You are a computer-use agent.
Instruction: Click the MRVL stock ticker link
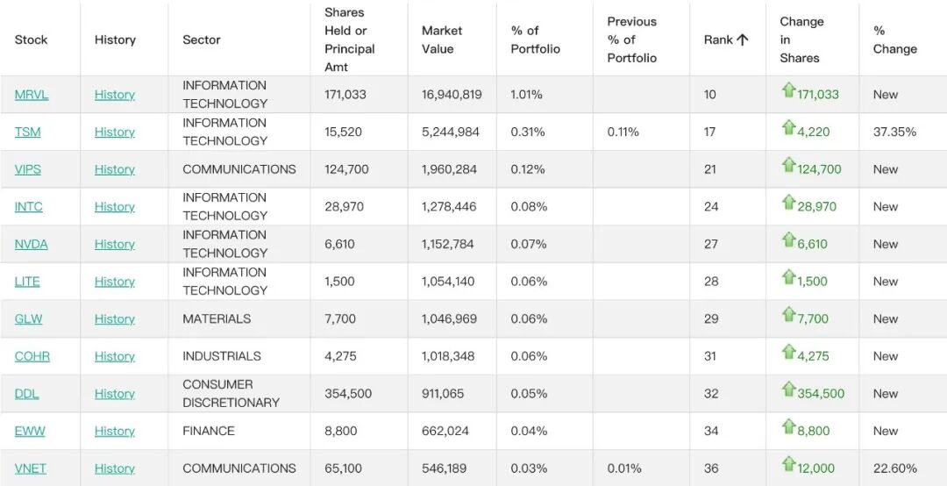coord(32,94)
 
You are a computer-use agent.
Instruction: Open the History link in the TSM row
coord(114,132)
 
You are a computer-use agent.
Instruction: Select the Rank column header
coord(717,39)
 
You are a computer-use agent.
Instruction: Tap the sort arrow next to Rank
coord(743,39)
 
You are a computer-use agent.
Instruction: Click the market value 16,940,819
coord(452,94)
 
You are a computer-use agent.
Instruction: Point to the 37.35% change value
coord(894,132)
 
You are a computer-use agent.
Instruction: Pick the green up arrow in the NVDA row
coord(788,240)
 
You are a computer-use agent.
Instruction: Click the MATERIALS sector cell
coord(217,318)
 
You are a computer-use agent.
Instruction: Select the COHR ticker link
coord(32,356)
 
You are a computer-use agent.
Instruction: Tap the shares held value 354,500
coord(348,394)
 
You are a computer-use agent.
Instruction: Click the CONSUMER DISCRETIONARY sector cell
coord(231,394)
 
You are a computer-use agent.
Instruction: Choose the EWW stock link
coord(30,431)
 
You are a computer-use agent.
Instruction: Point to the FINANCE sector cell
coord(209,431)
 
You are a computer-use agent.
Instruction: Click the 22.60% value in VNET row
coord(894,468)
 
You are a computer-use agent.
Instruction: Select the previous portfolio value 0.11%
coord(623,132)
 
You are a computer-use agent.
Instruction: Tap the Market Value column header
coord(441,39)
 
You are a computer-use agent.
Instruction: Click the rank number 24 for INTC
coord(711,207)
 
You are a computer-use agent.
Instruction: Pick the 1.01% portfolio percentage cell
coord(526,94)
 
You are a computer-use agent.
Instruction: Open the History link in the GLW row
coord(114,318)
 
